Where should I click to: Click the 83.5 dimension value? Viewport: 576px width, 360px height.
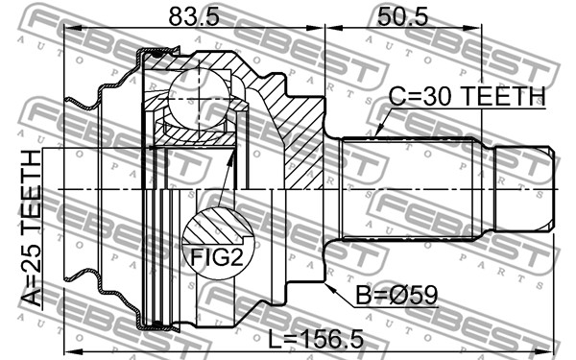pos(194,16)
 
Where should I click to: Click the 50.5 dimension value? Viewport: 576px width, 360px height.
pos(402,16)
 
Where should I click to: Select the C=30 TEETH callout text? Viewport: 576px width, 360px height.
pos(467,97)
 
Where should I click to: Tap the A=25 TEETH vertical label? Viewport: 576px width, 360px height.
pos(32,228)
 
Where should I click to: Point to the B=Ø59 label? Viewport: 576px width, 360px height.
pos(396,296)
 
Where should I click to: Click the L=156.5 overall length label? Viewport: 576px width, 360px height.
pos(316,339)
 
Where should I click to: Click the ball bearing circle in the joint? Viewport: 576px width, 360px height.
pos(199,100)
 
